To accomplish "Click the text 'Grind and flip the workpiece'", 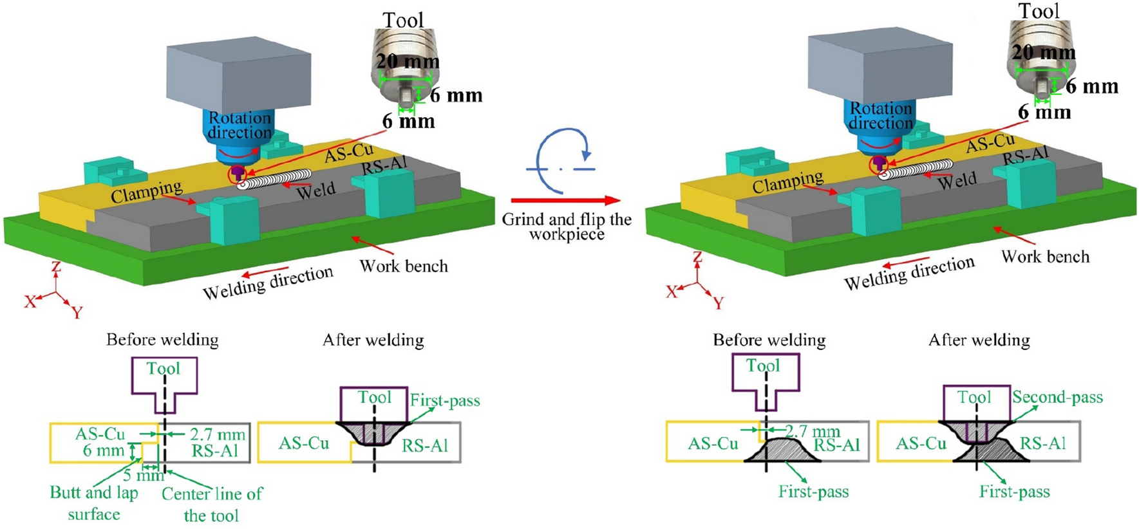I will click(567, 227).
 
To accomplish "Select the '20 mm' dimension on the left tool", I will click(408, 62).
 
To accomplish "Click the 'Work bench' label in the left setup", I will click(403, 266).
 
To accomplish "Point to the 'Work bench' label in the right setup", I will click(1045, 257).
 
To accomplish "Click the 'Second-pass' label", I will click(1057, 397).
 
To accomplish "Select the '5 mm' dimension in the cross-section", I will click(144, 475).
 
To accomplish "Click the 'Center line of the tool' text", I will click(212, 505).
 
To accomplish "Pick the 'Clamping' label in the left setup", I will click(146, 190).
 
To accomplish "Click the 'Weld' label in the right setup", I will click(957, 181).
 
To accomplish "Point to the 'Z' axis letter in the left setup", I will click(56, 266).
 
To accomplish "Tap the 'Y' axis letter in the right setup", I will click(719, 302).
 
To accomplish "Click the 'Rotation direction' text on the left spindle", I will click(240, 125).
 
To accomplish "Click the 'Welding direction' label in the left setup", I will click(268, 282).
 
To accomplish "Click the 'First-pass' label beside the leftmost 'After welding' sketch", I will click(445, 401).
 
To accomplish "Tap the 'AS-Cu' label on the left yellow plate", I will click(348, 153).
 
